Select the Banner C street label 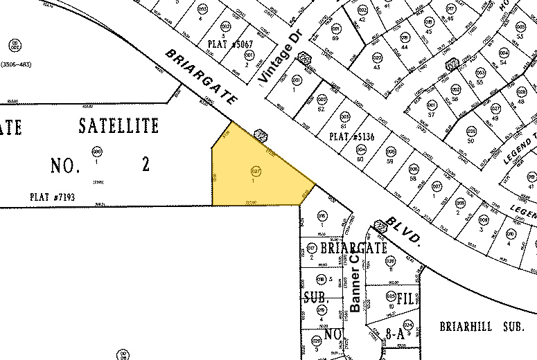point(356,283)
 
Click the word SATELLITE point(118,126)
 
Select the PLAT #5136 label point(351,136)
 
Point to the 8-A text point(394,334)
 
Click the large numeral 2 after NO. point(146,165)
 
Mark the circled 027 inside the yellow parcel point(255,170)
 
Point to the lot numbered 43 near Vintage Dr point(376,67)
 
